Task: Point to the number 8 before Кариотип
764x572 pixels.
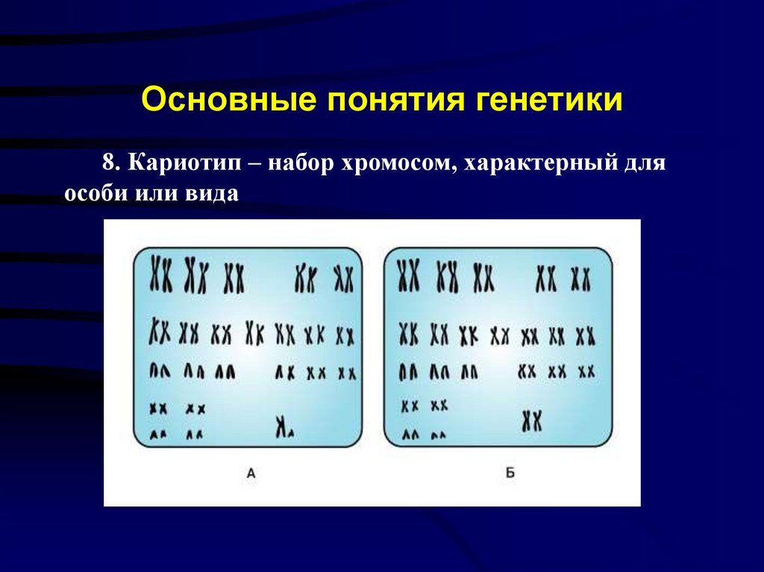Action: [x=110, y=163]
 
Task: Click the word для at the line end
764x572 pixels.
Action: [x=645, y=163]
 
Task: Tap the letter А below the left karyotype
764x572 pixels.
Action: [x=251, y=471]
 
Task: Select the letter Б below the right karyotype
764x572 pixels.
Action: [x=510, y=471]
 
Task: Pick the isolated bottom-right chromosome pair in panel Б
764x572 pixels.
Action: [x=531, y=421]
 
